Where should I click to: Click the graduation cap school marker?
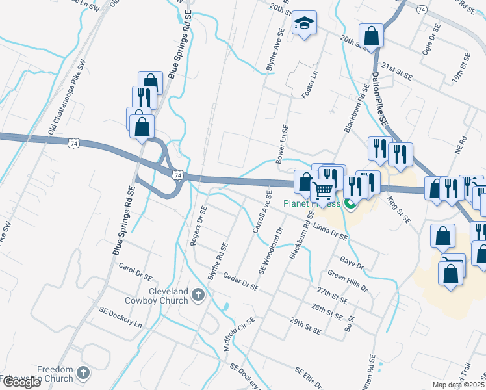[x=304, y=24]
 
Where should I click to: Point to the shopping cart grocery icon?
[x=323, y=190]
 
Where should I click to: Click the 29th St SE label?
[x=306, y=326]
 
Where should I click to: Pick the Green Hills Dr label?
[x=348, y=281]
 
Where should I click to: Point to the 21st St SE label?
[x=397, y=71]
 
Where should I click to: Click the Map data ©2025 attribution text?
[x=459, y=385]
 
